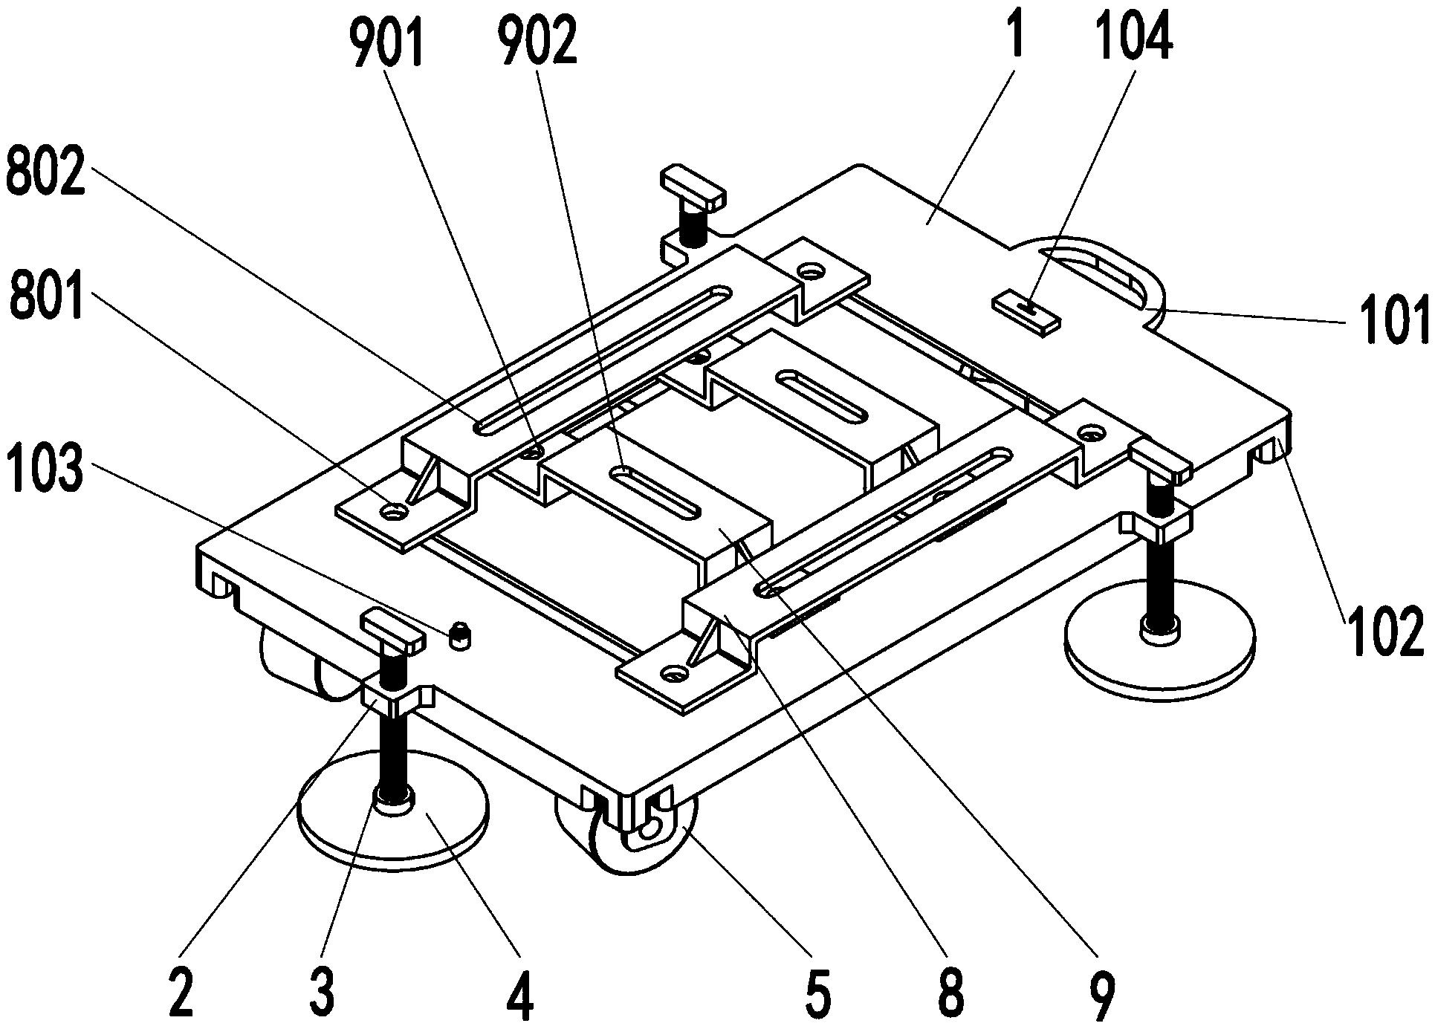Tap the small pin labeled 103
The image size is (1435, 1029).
pos(461,636)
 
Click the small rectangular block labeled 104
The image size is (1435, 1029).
pos(1028,311)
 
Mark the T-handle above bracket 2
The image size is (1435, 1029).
pos(392,629)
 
